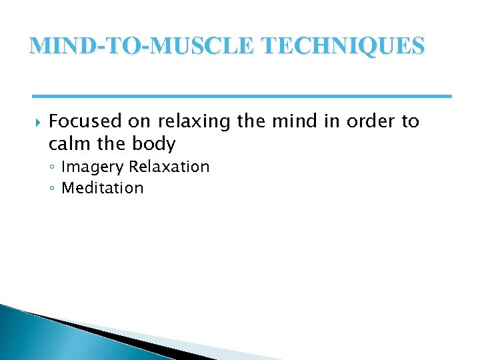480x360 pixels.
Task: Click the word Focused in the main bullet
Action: pyautogui.click(x=85, y=121)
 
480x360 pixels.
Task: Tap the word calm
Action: pyautogui.click(x=70, y=144)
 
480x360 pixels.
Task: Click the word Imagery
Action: pyautogui.click(x=93, y=167)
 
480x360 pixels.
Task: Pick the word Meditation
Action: pyautogui.click(x=102, y=188)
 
